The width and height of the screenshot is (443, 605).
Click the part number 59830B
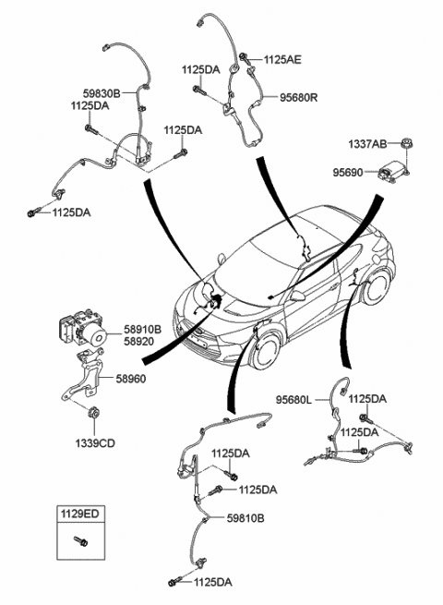(89, 92)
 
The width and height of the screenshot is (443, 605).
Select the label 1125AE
(282, 59)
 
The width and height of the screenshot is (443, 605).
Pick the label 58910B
(142, 328)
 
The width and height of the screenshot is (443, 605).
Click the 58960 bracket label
(135, 379)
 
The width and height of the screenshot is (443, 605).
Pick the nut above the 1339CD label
(94, 409)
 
